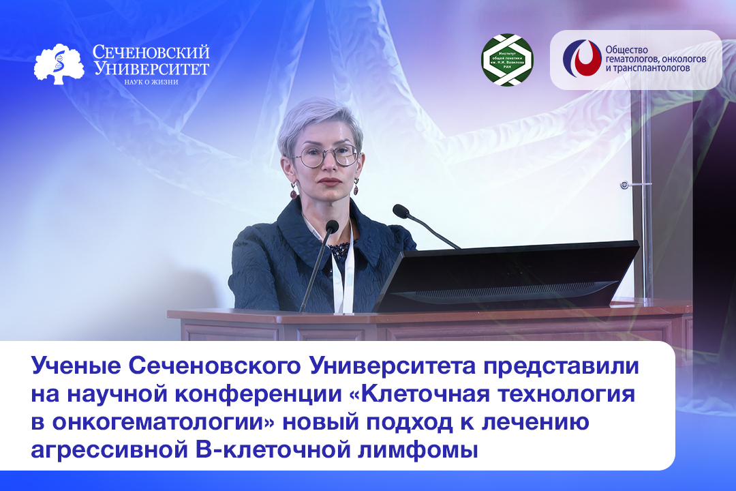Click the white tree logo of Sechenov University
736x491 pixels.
pos(59,64)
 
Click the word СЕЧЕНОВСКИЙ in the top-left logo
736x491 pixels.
pos(151,53)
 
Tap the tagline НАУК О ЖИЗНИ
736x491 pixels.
pos(151,82)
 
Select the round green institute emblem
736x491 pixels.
pos(507,60)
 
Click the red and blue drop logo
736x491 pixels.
pos(581,59)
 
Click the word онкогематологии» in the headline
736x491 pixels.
pos(148,423)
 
